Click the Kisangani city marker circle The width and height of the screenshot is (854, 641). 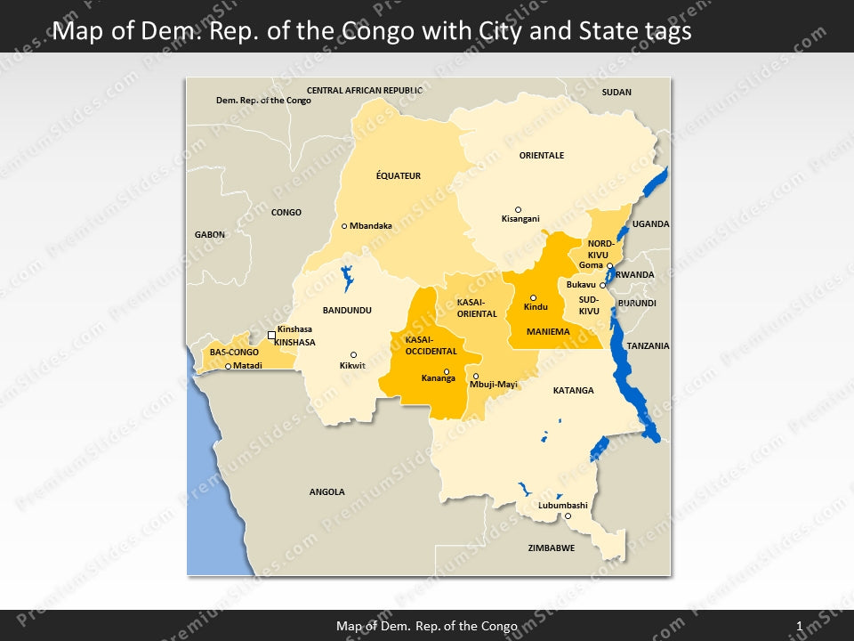pyautogui.click(x=519, y=210)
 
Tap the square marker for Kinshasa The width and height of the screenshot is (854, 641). pyautogui.click(x=272, y=335)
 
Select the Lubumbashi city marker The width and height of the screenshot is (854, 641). pyautogui.click(x=568, y=515)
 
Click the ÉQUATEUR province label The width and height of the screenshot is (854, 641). pyautogui.click(x=399, y=176)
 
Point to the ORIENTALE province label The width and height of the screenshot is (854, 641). pyautogui.click(x=542, y=156)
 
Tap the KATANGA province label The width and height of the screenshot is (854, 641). pyautogui.click(x=573, y=391)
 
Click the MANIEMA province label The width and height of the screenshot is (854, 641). pyautogui.click(x=548, y=332)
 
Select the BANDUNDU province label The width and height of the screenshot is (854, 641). pyautogui.click(x=347, y=311)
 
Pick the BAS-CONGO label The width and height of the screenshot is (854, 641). pyautogui.click(x=234, y=353)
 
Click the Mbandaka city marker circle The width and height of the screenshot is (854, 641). pyautogui.click(x=344, y=226)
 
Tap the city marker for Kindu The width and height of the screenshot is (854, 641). pyautogui.click(x=534, y=298)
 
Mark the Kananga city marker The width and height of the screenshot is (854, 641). pyautogui.click(x=447, y=372)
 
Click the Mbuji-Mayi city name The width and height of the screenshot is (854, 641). pyautogui.click(x=495, y=385)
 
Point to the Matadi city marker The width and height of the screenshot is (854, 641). pyautogui.click(x=228, y=367)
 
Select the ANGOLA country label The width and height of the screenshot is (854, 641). pyautogui.click(x=326, y=491)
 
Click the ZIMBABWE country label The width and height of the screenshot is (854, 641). pyautogui.click(x=551, y=548)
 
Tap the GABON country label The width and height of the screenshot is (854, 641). pyautogui.click(x=210, y=235)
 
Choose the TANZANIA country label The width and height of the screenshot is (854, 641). pyautogui.click(x=648, y=345)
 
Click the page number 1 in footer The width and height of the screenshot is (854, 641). pyautogui.click(x=800, y=627)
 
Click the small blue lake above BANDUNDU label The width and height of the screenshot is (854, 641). pyautogui.click(x=347, y=279)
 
